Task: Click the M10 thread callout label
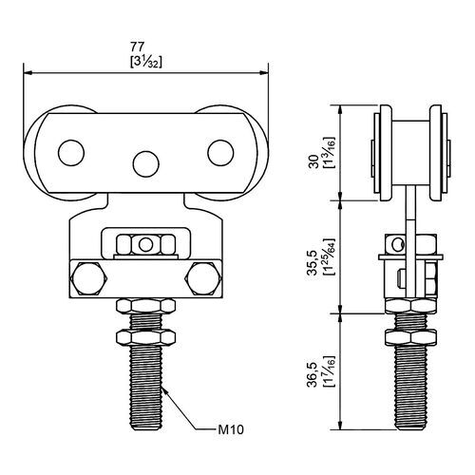231,429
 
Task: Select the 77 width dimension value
137,47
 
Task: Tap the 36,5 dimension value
312,374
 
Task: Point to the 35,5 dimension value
312,262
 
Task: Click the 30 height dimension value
313,161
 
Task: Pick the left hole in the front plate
71,153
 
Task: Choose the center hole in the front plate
146,164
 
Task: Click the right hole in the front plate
220,153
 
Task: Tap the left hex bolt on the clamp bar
88,278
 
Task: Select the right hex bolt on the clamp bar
203,278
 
